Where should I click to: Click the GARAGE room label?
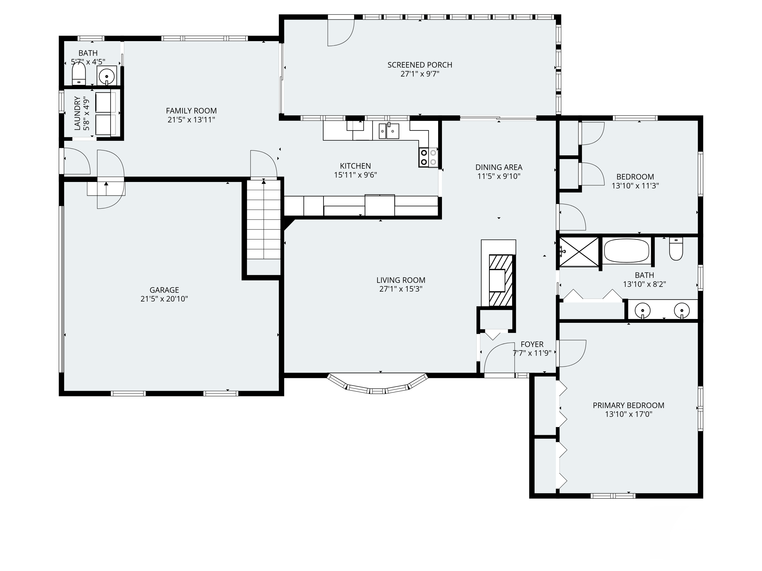click(164, 290)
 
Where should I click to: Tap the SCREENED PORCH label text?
click(420, 65)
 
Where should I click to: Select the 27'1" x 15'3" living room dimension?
click(401, 289)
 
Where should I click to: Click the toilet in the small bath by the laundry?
click(78, 74)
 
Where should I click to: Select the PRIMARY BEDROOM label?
click(628, 406)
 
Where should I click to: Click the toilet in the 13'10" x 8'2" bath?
click(676, 248)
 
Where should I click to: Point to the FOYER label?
click(532, 344)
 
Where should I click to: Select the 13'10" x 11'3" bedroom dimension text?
click(635, 186)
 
